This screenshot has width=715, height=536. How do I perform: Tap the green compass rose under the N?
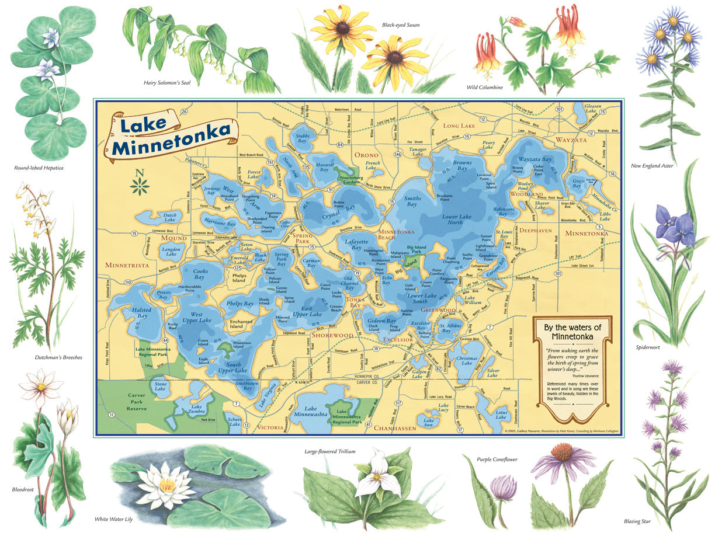(x=140, y=186)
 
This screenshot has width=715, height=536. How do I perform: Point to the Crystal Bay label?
(x=343, y=208)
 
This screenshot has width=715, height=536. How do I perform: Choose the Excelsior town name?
(x=398, y=339)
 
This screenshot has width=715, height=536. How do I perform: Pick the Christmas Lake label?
(x=467, y=360)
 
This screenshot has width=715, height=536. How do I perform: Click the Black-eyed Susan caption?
(x=401, y=25)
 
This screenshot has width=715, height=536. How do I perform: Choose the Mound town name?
(x=173, y=238)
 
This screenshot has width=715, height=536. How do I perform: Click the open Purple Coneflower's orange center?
(x=563, y=453)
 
